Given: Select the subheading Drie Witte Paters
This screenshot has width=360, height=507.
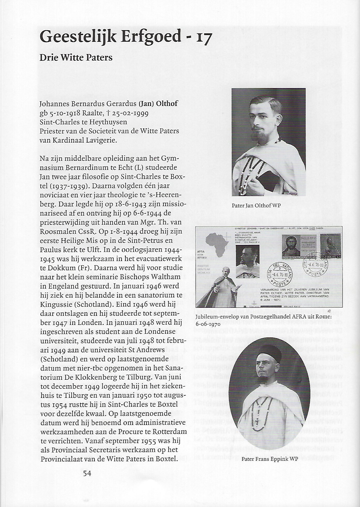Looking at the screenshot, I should (76, 57).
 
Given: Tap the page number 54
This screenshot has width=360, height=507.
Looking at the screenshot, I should (87, 473).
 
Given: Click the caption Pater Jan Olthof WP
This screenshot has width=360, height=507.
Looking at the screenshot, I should (256, 206).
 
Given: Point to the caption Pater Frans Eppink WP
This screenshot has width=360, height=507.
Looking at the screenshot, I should (270, 459).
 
